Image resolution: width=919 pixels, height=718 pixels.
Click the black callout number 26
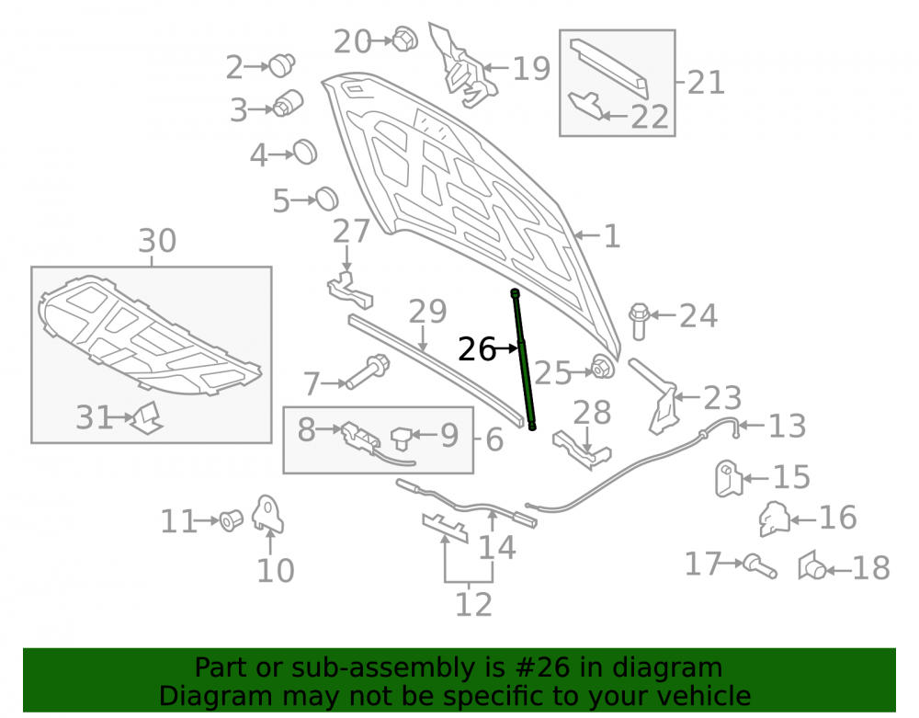coord(476,349)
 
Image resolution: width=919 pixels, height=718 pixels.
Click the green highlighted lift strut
coord(524,359)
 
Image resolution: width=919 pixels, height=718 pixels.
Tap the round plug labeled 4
coord(305,153)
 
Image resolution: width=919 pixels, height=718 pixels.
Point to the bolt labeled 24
coord(639,321)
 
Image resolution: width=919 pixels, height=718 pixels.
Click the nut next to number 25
coord(602,367)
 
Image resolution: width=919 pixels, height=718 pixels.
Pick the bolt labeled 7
coord(368,371)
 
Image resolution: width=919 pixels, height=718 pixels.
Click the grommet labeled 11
coord(231,520)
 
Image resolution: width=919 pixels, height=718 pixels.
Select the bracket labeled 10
coord(267,514)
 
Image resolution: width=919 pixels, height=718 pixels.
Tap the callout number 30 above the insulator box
coord(157,241)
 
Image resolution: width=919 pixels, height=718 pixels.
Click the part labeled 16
coord(774,519)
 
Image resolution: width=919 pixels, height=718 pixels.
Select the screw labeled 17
coord(760,567)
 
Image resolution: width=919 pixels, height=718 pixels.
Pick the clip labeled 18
coord(811,565)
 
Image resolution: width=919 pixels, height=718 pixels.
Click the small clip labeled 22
coord(586,106)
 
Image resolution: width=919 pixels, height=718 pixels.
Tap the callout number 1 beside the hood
coord(612,237)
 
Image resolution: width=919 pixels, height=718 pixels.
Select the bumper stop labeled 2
coord(282,64)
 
